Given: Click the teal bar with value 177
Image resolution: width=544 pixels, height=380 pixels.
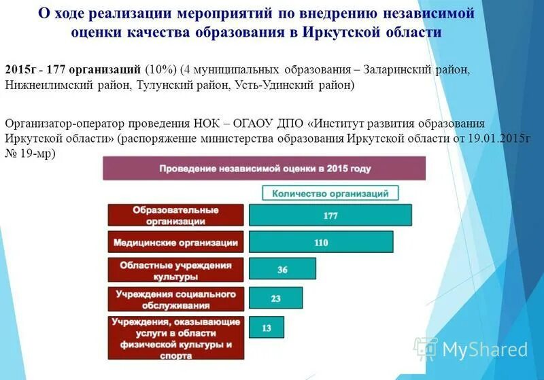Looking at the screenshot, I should [x=330, y=215].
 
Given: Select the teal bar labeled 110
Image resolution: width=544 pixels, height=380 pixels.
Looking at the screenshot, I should [x=321, y=242].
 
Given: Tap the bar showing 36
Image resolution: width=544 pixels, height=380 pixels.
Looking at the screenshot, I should [x=282, y=269].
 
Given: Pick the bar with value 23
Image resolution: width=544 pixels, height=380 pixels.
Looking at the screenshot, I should [x=275, y=298].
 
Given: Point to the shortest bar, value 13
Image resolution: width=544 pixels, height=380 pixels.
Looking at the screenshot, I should [x=267, y=328].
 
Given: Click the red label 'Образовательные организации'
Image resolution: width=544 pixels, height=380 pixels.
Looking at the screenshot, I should [x=175, y=215].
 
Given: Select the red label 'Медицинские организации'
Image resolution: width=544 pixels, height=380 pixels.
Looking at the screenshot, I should [x=175, y=242].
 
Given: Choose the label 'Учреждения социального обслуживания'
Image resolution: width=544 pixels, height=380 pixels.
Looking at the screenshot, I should [x=175, y=300].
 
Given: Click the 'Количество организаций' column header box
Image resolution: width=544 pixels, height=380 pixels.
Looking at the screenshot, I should [x=330, y=193].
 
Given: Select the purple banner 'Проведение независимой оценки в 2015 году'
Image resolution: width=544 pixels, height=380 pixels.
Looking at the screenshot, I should [x=264, y=168].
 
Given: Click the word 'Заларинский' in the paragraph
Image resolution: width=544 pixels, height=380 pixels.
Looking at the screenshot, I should [x=396, y=71].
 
